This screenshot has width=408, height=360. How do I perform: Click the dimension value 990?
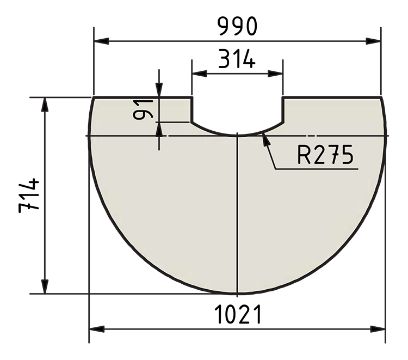click(x=237, y=26)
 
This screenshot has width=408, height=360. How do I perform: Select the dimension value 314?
click(x=237, y=58)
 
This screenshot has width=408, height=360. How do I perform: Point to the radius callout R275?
click(x=325, y=156)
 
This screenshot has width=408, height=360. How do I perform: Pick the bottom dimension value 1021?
click(x=237, y=315)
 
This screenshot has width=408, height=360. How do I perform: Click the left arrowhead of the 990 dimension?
click(x=101, y=41)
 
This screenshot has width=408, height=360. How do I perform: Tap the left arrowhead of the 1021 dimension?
click(x=96, y=329)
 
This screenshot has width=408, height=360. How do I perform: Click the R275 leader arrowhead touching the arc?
click(x=265, y=139)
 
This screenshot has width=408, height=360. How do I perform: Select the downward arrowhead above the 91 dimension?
click(x=159, y=90)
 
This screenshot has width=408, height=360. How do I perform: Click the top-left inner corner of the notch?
click(x=192, y=97)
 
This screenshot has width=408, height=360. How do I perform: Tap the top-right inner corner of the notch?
click(x=283, y=97)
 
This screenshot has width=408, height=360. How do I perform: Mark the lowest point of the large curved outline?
click(x=238, y=294)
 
